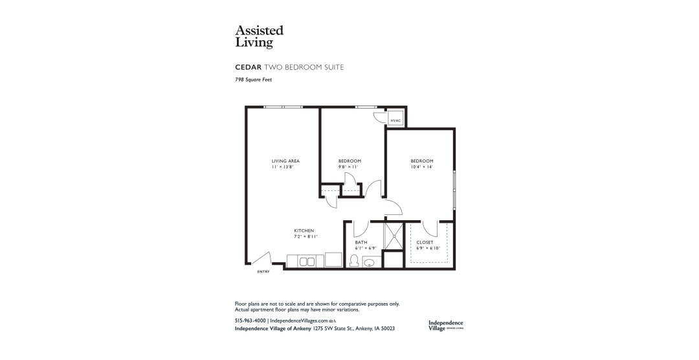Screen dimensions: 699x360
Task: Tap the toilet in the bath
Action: click(x=355, y=260)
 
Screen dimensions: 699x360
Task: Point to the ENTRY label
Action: click(x=263, y=272)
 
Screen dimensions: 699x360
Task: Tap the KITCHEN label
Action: click(x=304, y=231)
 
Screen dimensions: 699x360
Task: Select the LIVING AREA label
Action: click(x=285, y=161)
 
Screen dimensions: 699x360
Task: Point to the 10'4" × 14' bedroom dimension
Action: click(x=422, y=167)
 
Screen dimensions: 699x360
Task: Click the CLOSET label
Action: click(x=425, y=242)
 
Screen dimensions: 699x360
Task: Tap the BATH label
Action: click(x=361, y=242)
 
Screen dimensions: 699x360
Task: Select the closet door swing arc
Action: click(x=430, y=229)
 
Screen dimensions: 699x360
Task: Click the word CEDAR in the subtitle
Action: click(x=249, y=67)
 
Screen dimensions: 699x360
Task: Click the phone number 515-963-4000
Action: click(x=250, y=321)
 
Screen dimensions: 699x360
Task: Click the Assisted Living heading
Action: click(x=259, y=36)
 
